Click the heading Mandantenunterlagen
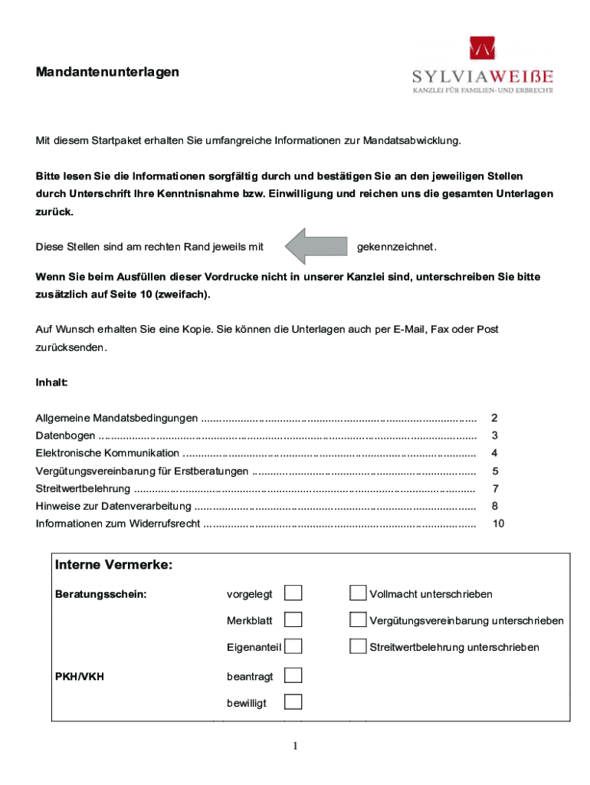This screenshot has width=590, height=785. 107,72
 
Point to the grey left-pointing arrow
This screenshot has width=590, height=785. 316,246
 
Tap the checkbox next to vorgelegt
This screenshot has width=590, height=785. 293,593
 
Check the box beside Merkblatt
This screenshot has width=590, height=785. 293,619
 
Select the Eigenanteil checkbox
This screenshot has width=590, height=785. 293,646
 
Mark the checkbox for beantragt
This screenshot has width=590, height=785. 293,675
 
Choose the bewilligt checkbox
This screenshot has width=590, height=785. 293,702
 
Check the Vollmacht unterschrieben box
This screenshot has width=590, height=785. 358,593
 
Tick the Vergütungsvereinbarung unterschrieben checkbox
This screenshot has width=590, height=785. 358,619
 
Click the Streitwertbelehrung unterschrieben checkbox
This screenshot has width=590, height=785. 358,646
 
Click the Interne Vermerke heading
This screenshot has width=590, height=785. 113,566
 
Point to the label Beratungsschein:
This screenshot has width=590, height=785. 101,594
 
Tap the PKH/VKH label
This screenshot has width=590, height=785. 80,677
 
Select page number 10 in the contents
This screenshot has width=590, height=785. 498,524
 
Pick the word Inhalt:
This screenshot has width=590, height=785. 52,382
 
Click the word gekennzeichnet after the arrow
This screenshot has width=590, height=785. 397,247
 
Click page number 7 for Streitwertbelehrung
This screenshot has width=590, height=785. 495,488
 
